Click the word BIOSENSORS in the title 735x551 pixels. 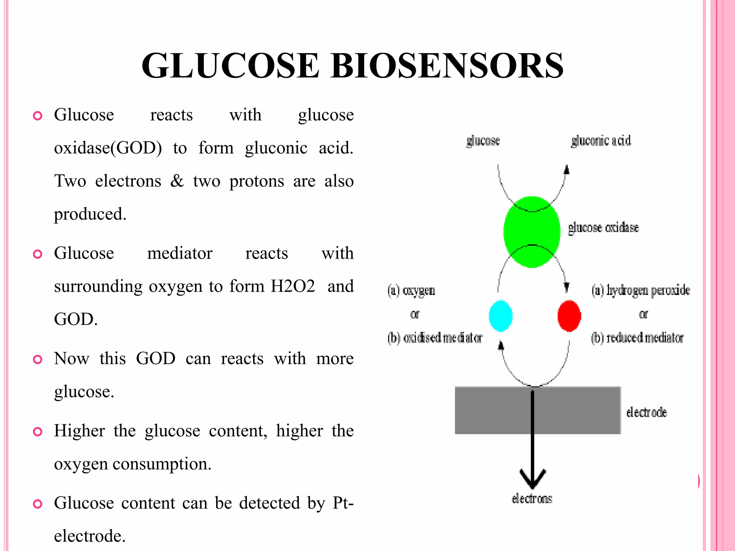click(447, 65)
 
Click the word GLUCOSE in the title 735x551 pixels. click(230, 65)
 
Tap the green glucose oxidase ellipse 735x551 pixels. click(532, 232)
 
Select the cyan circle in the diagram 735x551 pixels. click(501, 316)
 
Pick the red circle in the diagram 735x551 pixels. click(569, 316)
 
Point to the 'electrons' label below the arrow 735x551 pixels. click(532, 498)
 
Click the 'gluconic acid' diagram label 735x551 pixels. click(601, 141)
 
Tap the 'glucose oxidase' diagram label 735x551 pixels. click(603, 227)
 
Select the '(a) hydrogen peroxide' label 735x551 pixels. click(641, 290)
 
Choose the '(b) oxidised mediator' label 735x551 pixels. click(435, 338)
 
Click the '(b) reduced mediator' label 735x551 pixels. click(637, 338)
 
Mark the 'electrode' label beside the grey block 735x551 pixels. click(646, 412)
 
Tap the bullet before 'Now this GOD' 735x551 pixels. click(37, 359)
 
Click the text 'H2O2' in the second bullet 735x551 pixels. click(292, 286)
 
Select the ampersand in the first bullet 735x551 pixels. click(177, 181)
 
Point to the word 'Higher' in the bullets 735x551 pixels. click(79, 430)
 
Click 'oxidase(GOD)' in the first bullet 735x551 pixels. click(108, 148)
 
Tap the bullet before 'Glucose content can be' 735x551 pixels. click(37, 504)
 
